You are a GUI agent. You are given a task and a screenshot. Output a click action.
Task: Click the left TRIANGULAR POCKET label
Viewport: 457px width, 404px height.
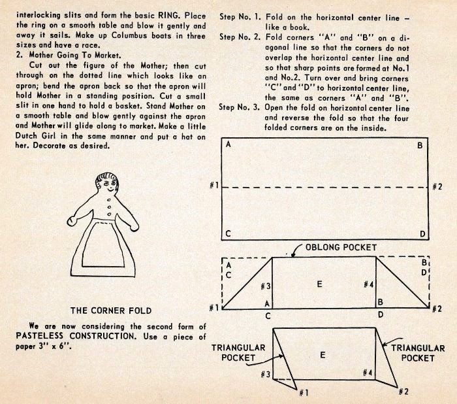pyautogui.click(x=238, y=353)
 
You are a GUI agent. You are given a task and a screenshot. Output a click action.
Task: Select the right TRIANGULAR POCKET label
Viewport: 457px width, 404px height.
pyautogui.click(x=417, y=353)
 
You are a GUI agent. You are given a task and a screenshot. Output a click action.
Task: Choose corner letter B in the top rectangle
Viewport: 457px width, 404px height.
pyautogui.click(x=420, y=145)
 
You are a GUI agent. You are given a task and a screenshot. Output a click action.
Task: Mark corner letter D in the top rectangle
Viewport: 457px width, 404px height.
pyautogui.click(x=422, y=233)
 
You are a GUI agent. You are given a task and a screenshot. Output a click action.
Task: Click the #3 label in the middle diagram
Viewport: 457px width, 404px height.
pyautogui.click(x=265, y=286)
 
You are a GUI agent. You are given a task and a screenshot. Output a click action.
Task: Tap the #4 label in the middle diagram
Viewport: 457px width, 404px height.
pyautogui.click(x=369, y=285)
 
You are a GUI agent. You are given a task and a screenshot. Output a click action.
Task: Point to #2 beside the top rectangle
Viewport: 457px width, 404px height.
pyautogui.click(x=438, y=187)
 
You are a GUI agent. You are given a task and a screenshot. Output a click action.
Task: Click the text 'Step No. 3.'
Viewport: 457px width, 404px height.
pyautogui.click(x=241, y=107)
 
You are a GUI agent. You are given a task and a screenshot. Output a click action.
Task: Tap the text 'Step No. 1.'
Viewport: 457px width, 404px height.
pyautogui.click(x=241, y=14)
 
